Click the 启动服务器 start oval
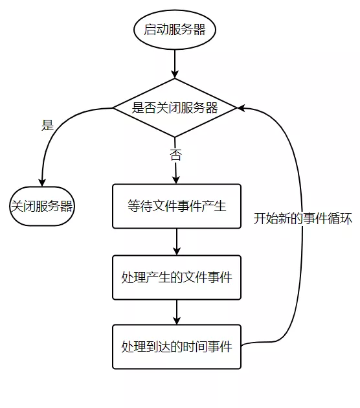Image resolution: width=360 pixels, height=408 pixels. point(174,29)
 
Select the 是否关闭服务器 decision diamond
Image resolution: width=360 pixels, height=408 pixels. point(175,108)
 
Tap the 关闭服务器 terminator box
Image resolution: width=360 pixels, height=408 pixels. point(41,207)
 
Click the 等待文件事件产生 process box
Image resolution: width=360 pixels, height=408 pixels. point(176,207)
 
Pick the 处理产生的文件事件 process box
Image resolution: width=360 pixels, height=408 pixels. point(176,277)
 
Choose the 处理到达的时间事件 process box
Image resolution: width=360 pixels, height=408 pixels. point(176,346)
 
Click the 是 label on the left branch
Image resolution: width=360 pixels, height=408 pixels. point(47,126)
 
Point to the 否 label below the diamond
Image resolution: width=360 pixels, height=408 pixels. point(175,155)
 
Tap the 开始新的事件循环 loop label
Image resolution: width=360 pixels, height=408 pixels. point(302,218)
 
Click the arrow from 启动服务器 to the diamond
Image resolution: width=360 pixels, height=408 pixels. point(175,64)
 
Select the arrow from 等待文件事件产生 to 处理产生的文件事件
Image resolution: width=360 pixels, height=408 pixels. point(176,242)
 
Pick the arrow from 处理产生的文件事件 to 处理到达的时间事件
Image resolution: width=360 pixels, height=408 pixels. point(176,312)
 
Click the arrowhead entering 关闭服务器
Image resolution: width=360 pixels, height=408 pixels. point(41,183)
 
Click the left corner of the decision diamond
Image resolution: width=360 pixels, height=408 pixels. point(114,108)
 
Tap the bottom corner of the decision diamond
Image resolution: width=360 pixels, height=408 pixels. point(175,137)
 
